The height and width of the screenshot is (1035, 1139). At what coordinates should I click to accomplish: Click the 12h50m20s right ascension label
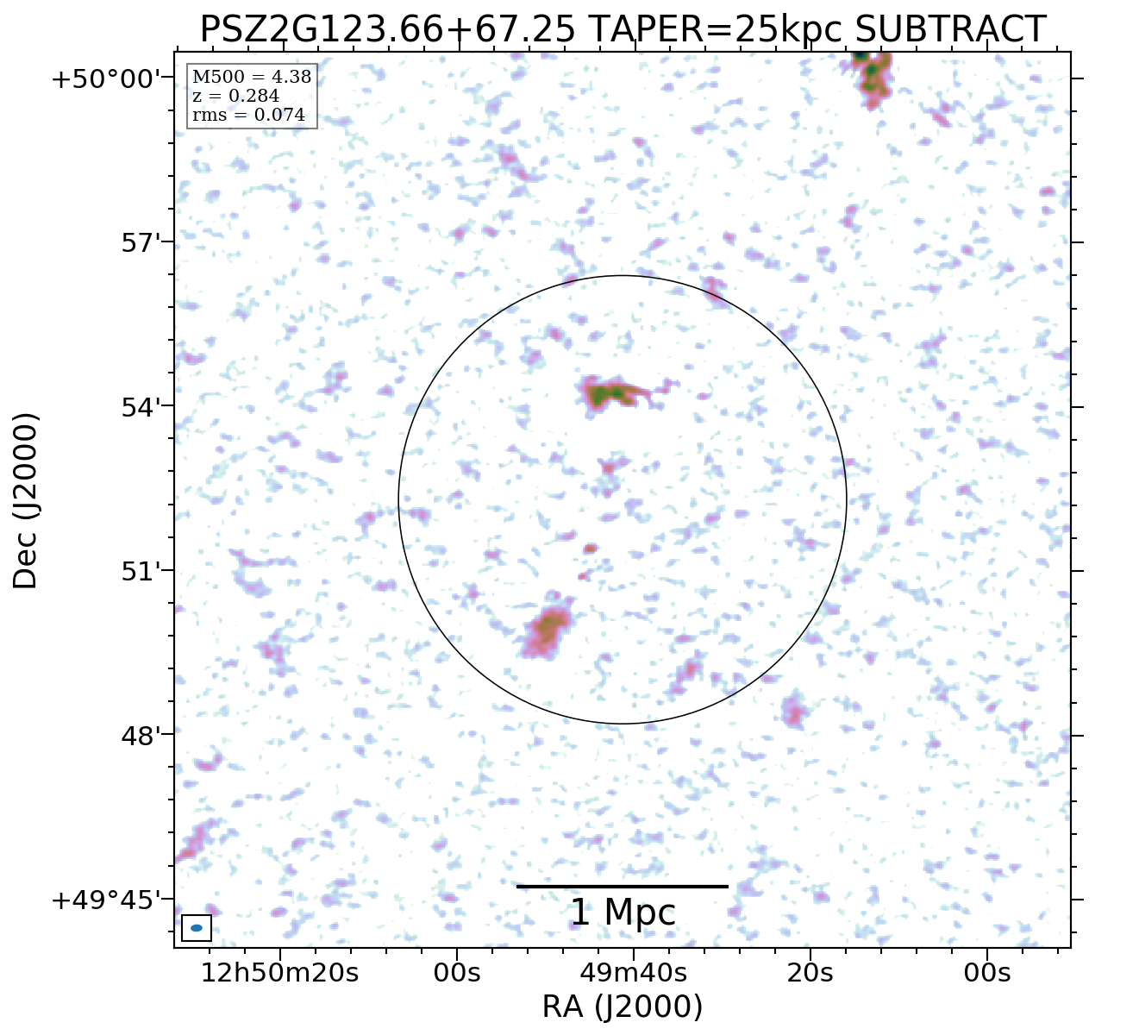(279, 973)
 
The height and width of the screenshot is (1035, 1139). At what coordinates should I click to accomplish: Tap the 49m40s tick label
(634, 973)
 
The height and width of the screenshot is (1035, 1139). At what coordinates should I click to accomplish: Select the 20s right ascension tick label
(810, 973)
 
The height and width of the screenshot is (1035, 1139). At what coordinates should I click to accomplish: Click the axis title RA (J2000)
(623, 1007)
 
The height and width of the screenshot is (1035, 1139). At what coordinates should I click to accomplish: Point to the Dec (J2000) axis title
(26, 500)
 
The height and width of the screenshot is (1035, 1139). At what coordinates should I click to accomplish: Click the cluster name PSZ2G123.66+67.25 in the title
(388, 29)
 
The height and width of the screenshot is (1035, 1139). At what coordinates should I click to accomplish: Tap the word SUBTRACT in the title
(950, 29)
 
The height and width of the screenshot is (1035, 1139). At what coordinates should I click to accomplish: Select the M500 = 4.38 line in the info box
(252, 78)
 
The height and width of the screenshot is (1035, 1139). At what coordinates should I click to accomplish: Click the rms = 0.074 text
(248, 116)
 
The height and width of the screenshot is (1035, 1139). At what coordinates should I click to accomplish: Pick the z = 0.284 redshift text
(235, 97)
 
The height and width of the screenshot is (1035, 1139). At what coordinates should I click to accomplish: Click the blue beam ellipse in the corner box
(197, 928)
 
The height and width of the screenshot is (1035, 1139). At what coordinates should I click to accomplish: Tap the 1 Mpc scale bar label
(623, 913)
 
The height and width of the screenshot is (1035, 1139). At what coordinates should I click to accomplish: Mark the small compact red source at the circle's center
(590, 549)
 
